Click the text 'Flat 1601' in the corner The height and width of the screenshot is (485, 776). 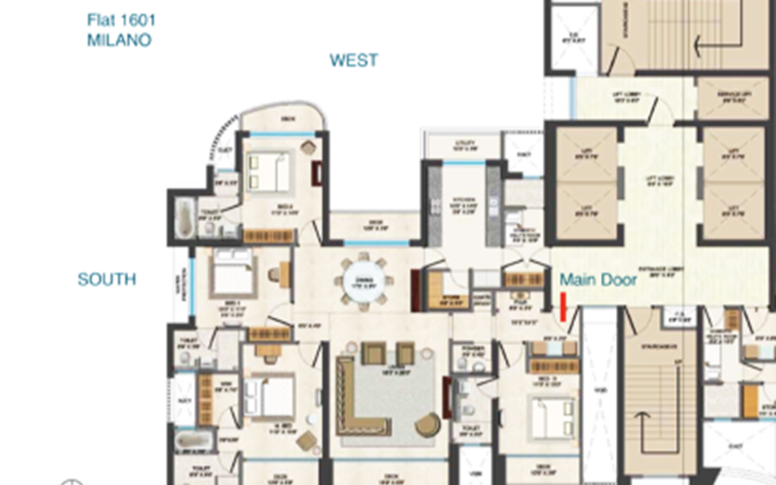121,20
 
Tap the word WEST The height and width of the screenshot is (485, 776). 354,61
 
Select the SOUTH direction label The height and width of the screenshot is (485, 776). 107,280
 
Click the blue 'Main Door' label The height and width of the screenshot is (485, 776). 598,280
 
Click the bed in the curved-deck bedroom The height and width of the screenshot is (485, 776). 268,171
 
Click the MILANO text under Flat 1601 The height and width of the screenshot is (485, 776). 119,40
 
